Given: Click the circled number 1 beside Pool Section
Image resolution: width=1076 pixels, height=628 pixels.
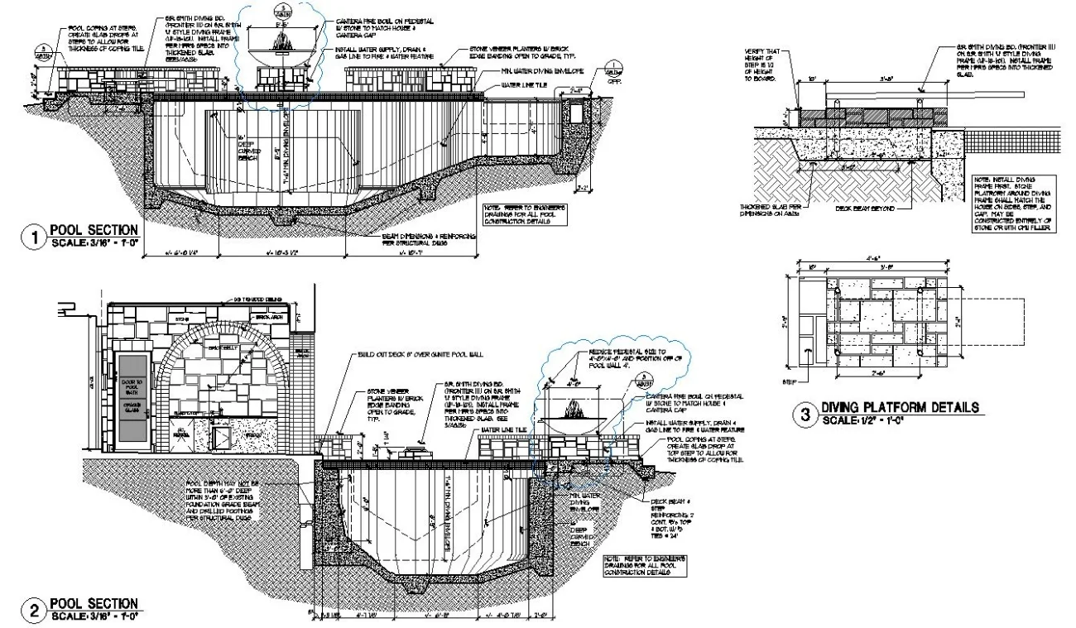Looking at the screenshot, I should pyautogui.click(x=34, y=239).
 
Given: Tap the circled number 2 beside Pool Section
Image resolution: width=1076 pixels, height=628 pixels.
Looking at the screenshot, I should pyautogui.click(x=34, y=612).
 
